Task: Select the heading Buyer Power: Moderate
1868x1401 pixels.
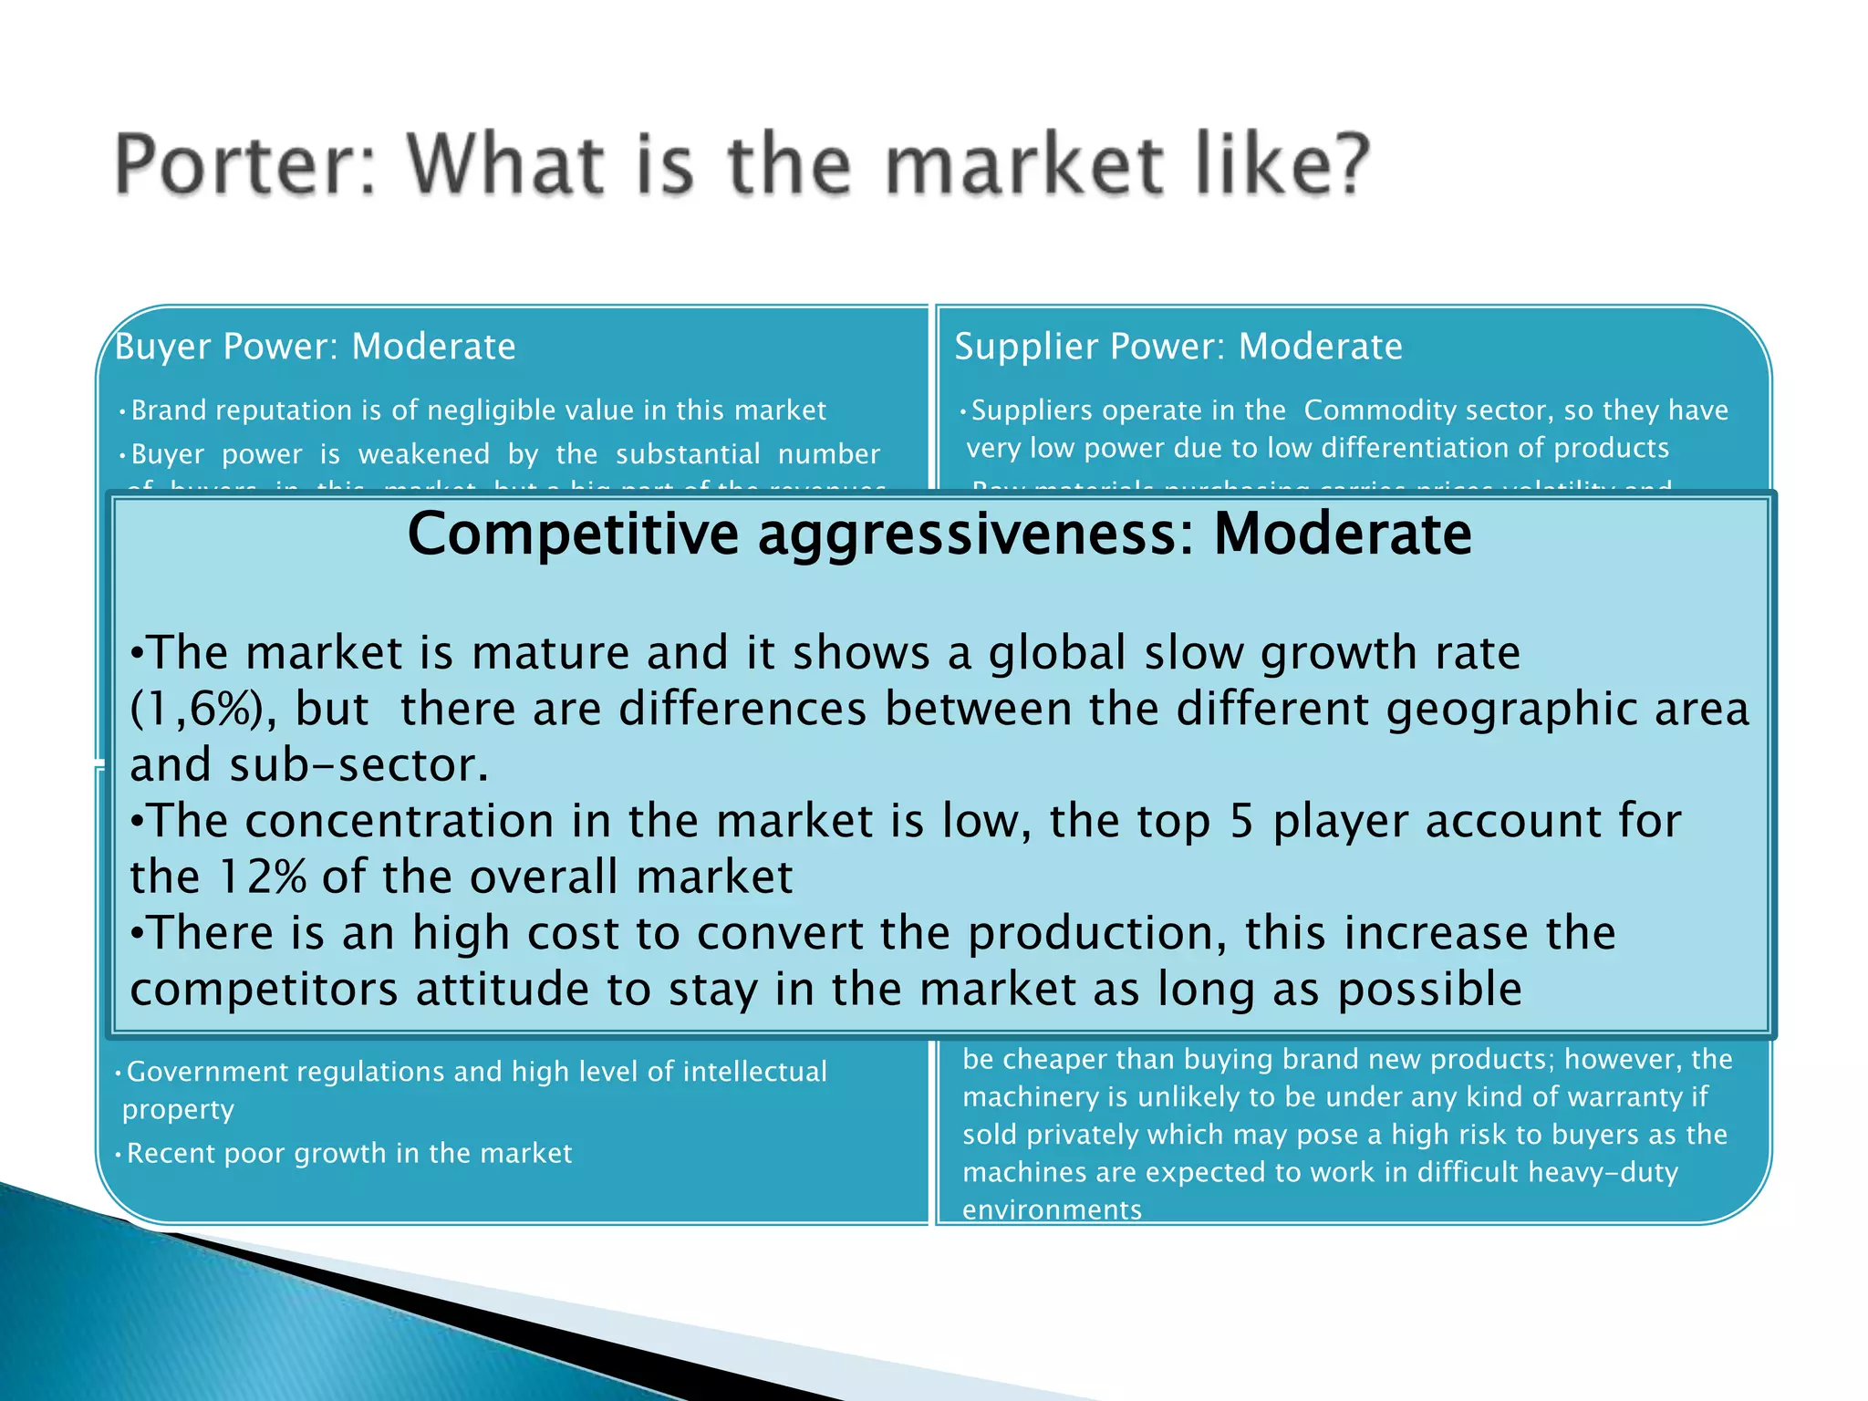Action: coord(316,347)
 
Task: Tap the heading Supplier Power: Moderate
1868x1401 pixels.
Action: coord(1178,347)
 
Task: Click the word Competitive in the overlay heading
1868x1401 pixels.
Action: coord(572,534)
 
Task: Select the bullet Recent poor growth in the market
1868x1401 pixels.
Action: coord(348,1154)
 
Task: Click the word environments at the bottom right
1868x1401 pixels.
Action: coord(1052,1210)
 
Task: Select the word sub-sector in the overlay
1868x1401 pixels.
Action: coord(358,765)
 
